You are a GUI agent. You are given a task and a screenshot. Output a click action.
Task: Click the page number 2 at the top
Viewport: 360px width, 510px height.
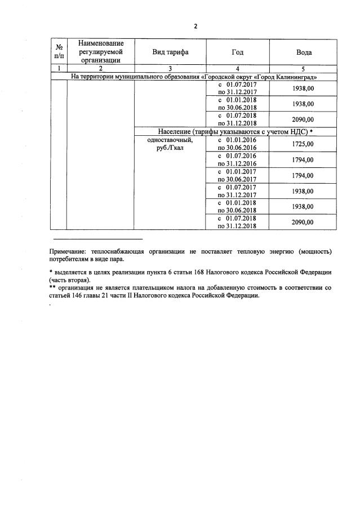195,26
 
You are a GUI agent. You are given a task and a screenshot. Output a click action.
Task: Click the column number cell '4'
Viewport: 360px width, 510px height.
237,68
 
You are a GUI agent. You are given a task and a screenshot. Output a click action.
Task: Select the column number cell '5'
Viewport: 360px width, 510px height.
304,68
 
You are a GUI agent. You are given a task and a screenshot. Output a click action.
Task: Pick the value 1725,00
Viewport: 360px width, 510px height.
303,144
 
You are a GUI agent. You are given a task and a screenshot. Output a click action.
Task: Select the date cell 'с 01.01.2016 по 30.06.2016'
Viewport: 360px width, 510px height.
237,144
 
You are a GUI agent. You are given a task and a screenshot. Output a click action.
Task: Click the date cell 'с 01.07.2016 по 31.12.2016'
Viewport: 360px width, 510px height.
237,159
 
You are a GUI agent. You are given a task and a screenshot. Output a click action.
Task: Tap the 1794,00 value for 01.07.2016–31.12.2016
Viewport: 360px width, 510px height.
303,159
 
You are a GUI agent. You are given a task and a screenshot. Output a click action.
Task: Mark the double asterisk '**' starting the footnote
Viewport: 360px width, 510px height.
52,287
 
